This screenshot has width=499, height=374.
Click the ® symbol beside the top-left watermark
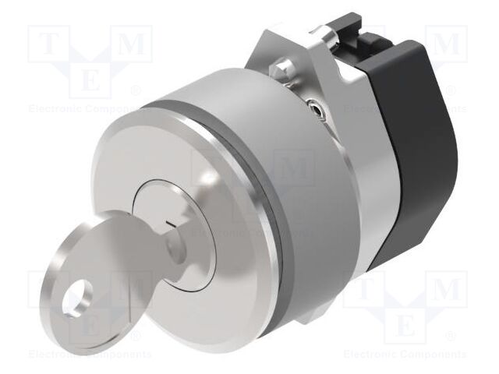[135, 91]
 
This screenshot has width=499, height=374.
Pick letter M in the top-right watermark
[448, 45]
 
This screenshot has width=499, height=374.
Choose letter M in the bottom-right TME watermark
[448, 291]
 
